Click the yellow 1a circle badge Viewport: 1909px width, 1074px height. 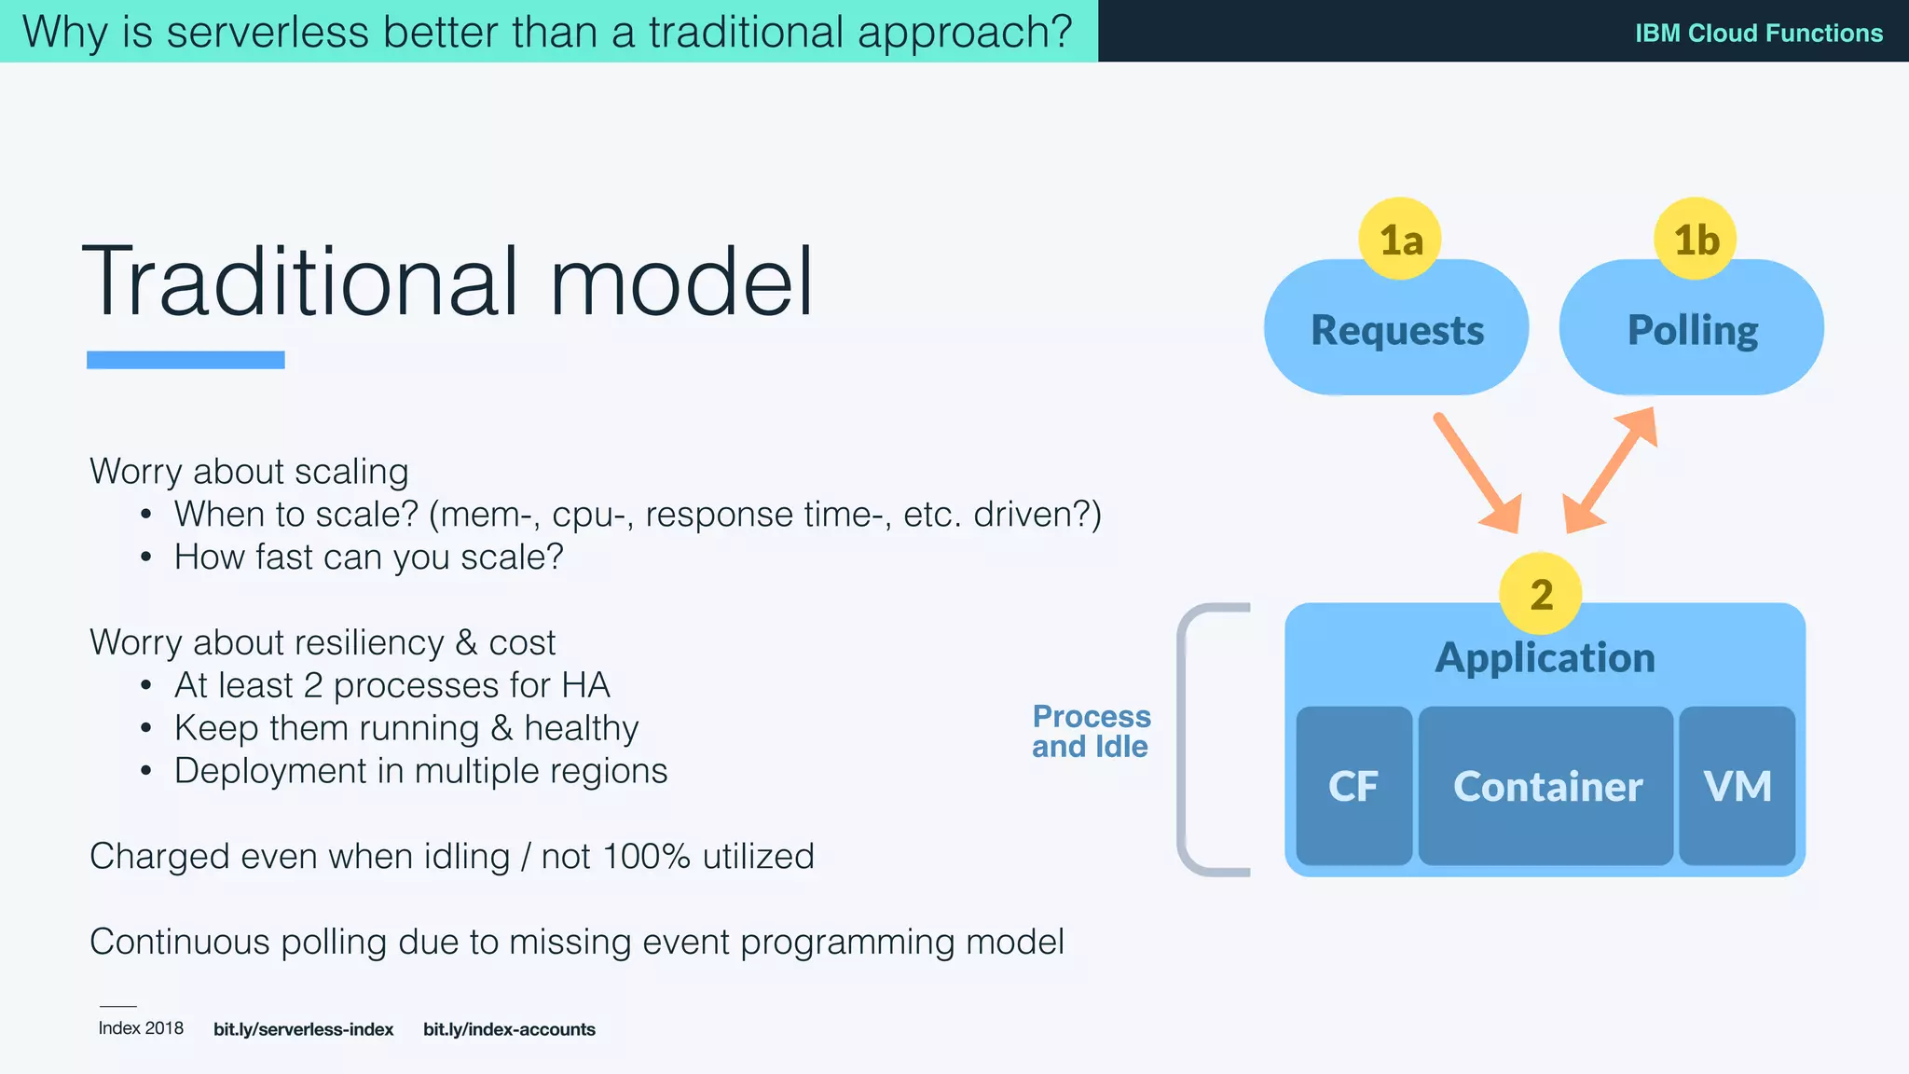(1399, 240)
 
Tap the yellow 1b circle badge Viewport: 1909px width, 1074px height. (1695, 240)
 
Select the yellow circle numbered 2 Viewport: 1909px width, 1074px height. (1540, 594)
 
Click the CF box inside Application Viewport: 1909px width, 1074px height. (1353, 786)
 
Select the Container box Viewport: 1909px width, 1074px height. (1546, 786)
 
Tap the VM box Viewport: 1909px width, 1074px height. (1737, 786)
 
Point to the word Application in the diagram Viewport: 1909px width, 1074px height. (1545, 658)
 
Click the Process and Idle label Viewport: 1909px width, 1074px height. (1091, 731)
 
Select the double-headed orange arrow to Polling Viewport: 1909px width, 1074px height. (1611, 470)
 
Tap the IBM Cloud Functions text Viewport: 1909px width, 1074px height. (1758, 34)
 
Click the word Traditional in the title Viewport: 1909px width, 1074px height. (298, 282)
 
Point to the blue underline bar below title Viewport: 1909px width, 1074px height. (185, 360)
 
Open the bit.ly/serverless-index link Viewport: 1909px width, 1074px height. (303, 1029)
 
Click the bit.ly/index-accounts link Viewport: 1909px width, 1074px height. (509, 1029)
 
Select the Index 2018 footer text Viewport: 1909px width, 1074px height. (141, 1028)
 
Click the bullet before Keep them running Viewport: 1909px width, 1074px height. (145, 729)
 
